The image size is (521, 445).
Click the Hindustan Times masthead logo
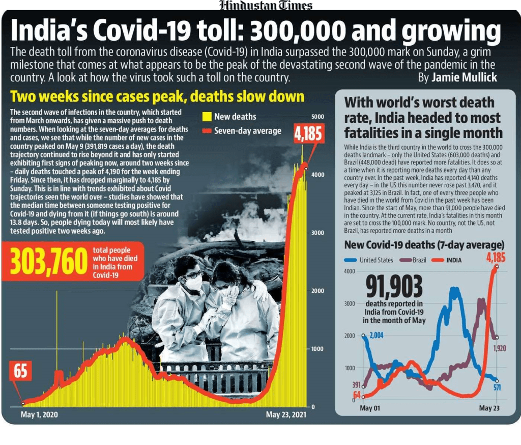coord(266,6)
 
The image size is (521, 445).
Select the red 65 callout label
coord(20,372)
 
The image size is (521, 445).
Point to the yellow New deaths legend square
coord(207,117)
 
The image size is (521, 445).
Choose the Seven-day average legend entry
coord(242,131)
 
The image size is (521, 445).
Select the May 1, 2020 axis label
coord(39,415)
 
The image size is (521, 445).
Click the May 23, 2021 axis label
coord(286,415)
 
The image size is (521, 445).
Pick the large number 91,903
coord(394,287)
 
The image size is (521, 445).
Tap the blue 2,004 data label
coord(376,336)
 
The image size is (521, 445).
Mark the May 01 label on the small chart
coord(369,408)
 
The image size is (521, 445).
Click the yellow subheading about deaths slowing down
coord(157,97)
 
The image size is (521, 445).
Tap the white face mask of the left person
coord(194,283)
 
